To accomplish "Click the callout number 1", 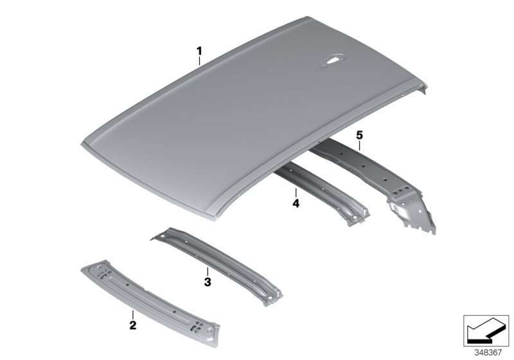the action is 199,51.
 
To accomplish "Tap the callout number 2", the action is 133,325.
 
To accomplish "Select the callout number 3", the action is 207,282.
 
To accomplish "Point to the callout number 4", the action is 296,203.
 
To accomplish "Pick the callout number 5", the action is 360,135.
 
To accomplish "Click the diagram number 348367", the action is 488,353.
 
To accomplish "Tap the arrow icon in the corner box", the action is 486,330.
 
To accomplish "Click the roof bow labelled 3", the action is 217,265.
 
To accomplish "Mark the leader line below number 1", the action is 199,61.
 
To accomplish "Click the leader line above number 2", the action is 133,315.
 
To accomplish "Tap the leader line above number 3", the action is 207,272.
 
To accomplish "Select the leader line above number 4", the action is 296,193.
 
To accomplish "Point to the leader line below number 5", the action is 360,145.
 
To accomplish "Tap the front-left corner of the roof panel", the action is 82,143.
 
